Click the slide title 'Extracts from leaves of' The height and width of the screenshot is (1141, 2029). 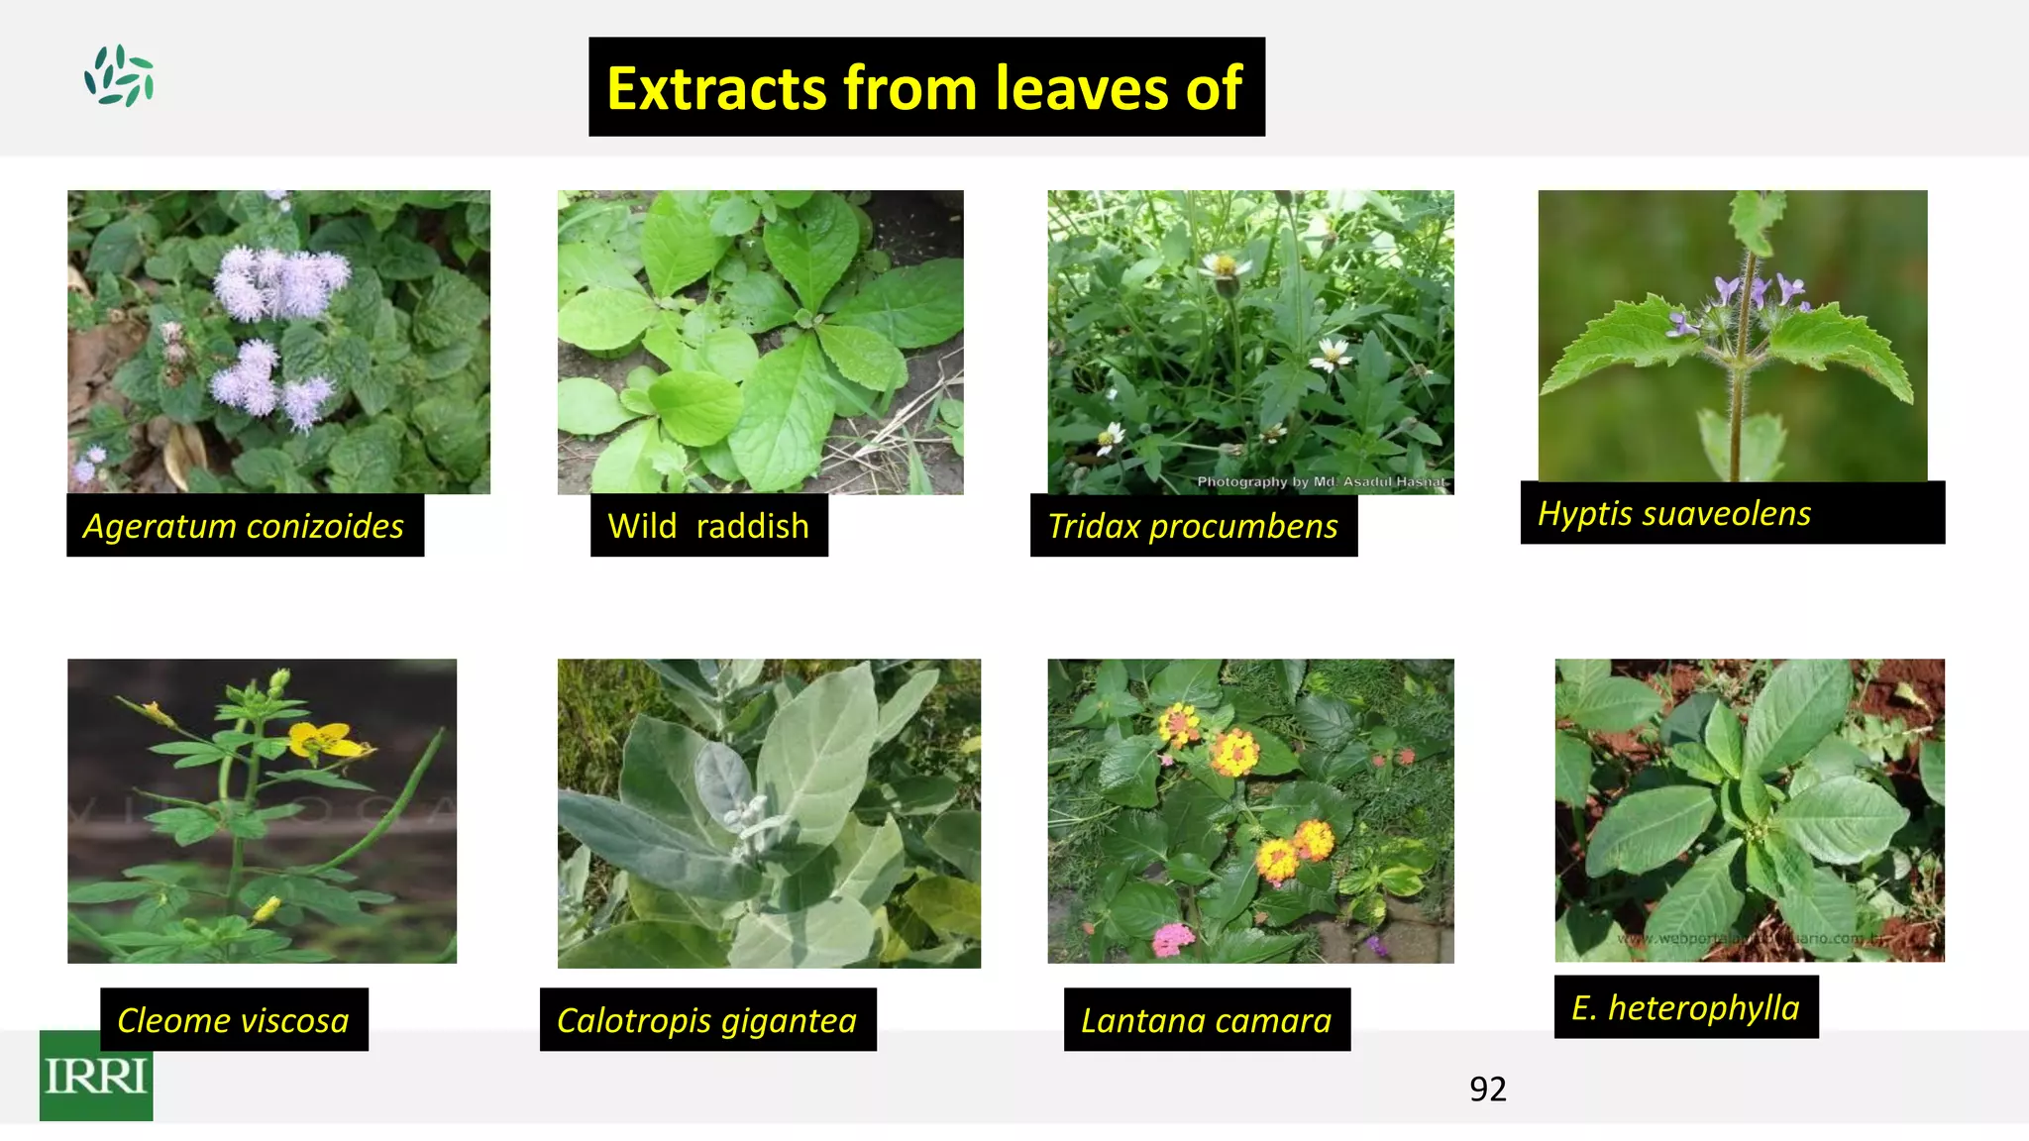[925, 87]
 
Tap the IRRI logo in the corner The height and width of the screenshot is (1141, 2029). [96, 1076]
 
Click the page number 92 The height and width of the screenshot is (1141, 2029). [1487, 1089]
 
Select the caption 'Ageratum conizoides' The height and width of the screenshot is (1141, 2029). [244, 526]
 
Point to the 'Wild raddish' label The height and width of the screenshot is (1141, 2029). [708, 526]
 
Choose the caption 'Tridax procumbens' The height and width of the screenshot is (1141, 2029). [1193, 526]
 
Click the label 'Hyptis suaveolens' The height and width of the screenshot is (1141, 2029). [1674, 513]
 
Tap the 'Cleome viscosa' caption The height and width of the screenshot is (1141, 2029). [233, 1020]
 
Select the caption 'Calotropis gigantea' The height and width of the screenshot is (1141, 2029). [706, 1020]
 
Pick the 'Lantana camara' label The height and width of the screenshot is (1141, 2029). [1206, 1020]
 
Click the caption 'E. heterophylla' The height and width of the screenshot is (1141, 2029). [1685, 1007]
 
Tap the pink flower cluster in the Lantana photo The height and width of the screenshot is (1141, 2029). [1173, 938]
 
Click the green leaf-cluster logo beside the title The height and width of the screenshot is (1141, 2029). [119, 75]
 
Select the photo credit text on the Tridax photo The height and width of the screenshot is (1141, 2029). [1321, 482]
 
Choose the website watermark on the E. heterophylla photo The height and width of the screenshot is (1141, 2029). [1749, 938]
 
